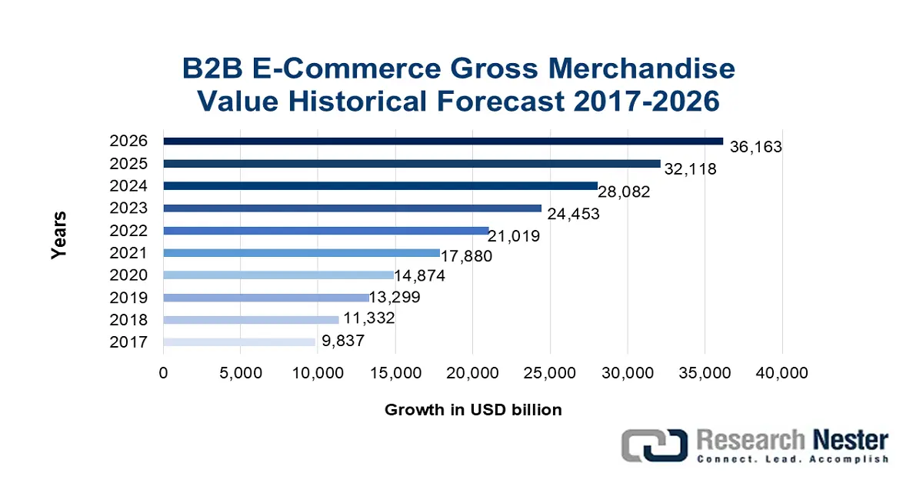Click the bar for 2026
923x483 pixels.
coord(443,142)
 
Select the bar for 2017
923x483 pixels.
coord(239,342)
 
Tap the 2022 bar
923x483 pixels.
coord(326,231)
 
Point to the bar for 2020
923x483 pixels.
coord(278,275)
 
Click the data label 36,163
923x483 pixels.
coord(755,147)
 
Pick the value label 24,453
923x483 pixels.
coord(573,214)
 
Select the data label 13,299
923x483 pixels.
coord(394,298)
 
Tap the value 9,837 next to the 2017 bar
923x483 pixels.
coord(342,342)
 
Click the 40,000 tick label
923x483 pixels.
coord(782,373)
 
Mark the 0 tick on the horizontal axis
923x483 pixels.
coord(164,373)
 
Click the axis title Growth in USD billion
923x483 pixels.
coord(473,410)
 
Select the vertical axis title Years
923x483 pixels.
coord(60,235)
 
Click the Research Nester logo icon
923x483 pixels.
coord(655,447)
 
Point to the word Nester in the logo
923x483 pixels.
coord(848,441)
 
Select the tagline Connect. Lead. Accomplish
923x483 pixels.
coord(792,459)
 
